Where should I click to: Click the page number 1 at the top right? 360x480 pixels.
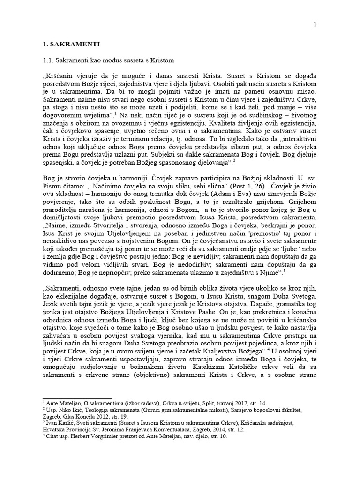[315, 25]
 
